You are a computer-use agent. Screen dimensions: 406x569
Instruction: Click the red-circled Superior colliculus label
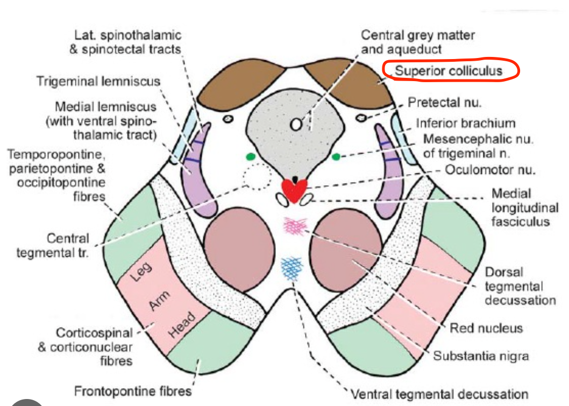(449, 71)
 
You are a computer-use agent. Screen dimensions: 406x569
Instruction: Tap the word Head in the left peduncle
(182, 325)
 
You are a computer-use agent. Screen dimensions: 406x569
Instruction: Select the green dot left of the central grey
(250, 157)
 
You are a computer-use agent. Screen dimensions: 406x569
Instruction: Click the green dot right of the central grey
(336, 157)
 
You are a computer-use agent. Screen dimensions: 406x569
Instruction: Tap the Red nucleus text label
(486, 328)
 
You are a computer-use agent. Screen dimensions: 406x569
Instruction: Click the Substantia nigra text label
(481, 356)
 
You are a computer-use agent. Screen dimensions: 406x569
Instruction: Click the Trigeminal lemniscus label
(98, 82)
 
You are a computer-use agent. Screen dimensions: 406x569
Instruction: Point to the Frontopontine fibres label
(132, 390)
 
